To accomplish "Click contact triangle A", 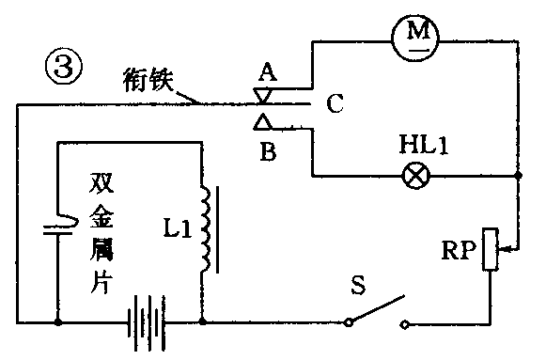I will pos(265,95).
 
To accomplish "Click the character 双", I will pos(102,180).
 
